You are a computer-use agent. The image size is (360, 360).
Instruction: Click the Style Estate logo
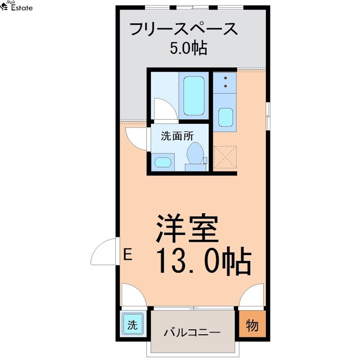pos(16,6)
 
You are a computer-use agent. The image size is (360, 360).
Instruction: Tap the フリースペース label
pos(184,29)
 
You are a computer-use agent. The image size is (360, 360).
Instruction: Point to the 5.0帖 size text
pos(189,48)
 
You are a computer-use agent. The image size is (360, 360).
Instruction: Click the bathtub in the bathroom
pos(194,96)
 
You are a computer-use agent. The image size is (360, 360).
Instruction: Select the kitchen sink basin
pos(226,117)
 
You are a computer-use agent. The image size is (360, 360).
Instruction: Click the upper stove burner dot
pos(225,78)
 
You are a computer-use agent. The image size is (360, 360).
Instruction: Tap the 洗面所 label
pos(177,136)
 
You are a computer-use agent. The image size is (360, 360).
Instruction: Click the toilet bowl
pos(195,153)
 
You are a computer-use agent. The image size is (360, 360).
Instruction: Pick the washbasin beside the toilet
pos(163,162)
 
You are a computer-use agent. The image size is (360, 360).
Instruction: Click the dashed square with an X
pos(225,157)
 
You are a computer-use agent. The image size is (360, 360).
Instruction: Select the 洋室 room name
pos(187,229)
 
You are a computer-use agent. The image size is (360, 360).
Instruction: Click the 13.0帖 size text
pos(204,261)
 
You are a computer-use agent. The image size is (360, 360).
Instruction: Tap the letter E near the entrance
pos(128,254)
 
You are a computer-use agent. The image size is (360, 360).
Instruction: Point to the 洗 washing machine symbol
pos(132,325)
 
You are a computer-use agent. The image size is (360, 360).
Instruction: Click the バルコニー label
pos(192,332)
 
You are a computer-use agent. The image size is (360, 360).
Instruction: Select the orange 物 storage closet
pos(252,324)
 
